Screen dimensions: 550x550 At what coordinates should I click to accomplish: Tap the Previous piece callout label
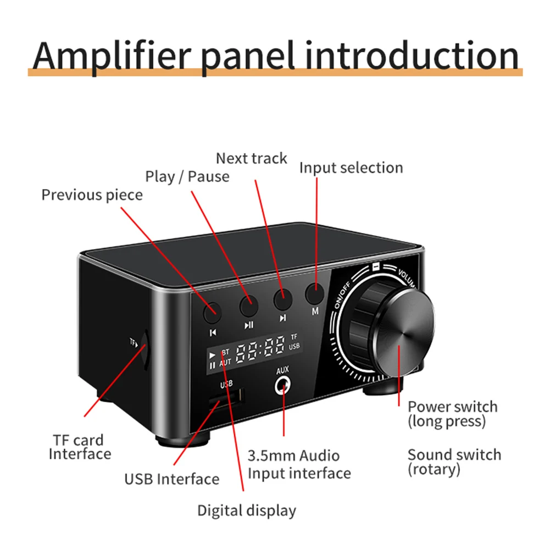92,195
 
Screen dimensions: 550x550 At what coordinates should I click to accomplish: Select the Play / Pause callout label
187,176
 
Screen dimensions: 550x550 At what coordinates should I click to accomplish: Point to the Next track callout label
251,158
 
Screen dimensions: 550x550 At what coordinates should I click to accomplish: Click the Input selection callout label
351,168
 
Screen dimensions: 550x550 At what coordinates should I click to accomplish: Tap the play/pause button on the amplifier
248,301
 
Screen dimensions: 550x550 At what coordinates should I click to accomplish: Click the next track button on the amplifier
282,298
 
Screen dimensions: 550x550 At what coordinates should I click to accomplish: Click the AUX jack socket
283,386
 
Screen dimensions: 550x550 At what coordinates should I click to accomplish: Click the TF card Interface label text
80,447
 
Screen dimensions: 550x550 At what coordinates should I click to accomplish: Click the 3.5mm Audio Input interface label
299,464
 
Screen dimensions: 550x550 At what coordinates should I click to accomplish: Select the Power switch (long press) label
452,414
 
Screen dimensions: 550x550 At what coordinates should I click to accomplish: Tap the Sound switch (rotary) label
454,462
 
